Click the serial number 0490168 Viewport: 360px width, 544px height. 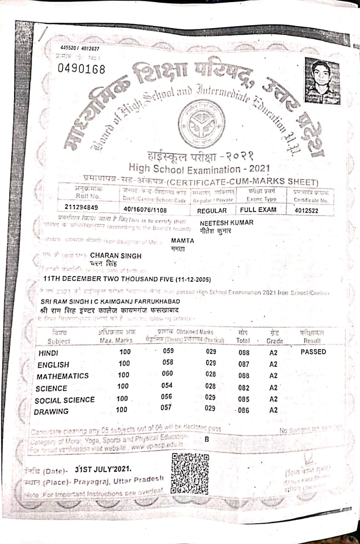tap(81, 68)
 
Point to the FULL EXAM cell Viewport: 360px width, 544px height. tap(258, 210)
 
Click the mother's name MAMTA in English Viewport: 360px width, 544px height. tap(183, 241)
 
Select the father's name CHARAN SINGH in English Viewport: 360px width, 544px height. tap(116, 256)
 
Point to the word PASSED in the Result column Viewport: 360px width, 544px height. tap(313, 352)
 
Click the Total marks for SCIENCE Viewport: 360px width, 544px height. tap(244, 388)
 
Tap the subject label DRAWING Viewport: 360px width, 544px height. tap(51, 411)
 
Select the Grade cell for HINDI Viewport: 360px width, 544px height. tap(273, 353)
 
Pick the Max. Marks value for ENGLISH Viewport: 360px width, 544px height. tap(124, 363)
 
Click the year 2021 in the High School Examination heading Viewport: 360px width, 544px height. tap(256, 169)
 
